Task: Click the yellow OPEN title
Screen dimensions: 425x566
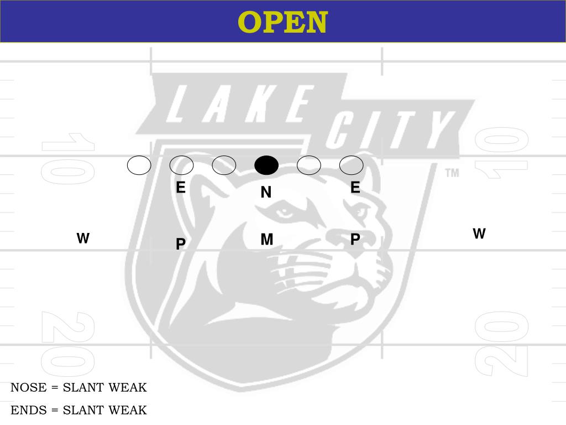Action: point(282,22)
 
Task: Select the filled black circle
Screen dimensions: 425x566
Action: point(266,165)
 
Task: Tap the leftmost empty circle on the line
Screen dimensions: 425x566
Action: point(139,165)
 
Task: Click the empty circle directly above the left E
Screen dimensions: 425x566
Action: point(181,165)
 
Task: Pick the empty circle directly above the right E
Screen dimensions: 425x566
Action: point(351,165)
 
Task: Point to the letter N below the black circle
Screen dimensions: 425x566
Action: point(266,193)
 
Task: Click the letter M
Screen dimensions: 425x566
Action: point(266,240)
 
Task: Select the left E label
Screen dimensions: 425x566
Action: point(180,188)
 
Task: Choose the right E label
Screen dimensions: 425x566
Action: point(355,188)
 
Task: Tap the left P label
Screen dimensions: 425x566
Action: point(180,244)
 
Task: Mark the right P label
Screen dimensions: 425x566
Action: point(355,239)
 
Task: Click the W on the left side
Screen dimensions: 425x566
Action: point(83,239)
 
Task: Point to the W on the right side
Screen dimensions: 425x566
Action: point(479,234)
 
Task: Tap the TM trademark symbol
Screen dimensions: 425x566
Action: point(452,173)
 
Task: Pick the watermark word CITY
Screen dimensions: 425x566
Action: point(387,131)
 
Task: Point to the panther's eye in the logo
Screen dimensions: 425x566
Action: point(286,212)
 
